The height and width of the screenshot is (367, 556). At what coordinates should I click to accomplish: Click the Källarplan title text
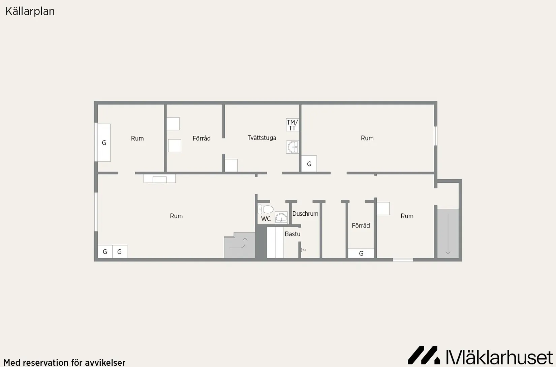30,11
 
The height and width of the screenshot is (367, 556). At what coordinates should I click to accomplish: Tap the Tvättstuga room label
262,138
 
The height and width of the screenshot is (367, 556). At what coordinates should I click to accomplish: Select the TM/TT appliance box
292,125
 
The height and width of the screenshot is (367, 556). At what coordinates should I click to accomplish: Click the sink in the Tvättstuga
292,147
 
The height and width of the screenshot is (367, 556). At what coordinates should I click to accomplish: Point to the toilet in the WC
266,209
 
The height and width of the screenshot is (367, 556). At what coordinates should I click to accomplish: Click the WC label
266,219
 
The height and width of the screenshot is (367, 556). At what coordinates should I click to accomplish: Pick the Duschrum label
305,214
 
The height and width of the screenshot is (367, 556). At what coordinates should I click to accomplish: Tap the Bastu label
292,234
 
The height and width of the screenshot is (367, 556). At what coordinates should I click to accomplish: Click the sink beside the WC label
281,218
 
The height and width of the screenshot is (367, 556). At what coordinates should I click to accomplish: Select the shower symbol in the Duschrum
303,250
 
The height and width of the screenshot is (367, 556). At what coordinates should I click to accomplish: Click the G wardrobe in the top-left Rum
104,143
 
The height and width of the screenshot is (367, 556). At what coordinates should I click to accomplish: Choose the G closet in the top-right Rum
309,164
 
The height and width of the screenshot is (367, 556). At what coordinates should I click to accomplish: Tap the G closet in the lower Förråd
361,253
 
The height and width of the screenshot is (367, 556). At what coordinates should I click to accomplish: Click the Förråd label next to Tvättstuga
202,138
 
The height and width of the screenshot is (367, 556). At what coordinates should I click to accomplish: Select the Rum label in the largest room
176,216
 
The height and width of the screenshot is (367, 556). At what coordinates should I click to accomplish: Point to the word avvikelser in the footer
105,363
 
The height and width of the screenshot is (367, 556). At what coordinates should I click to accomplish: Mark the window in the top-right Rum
436,136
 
